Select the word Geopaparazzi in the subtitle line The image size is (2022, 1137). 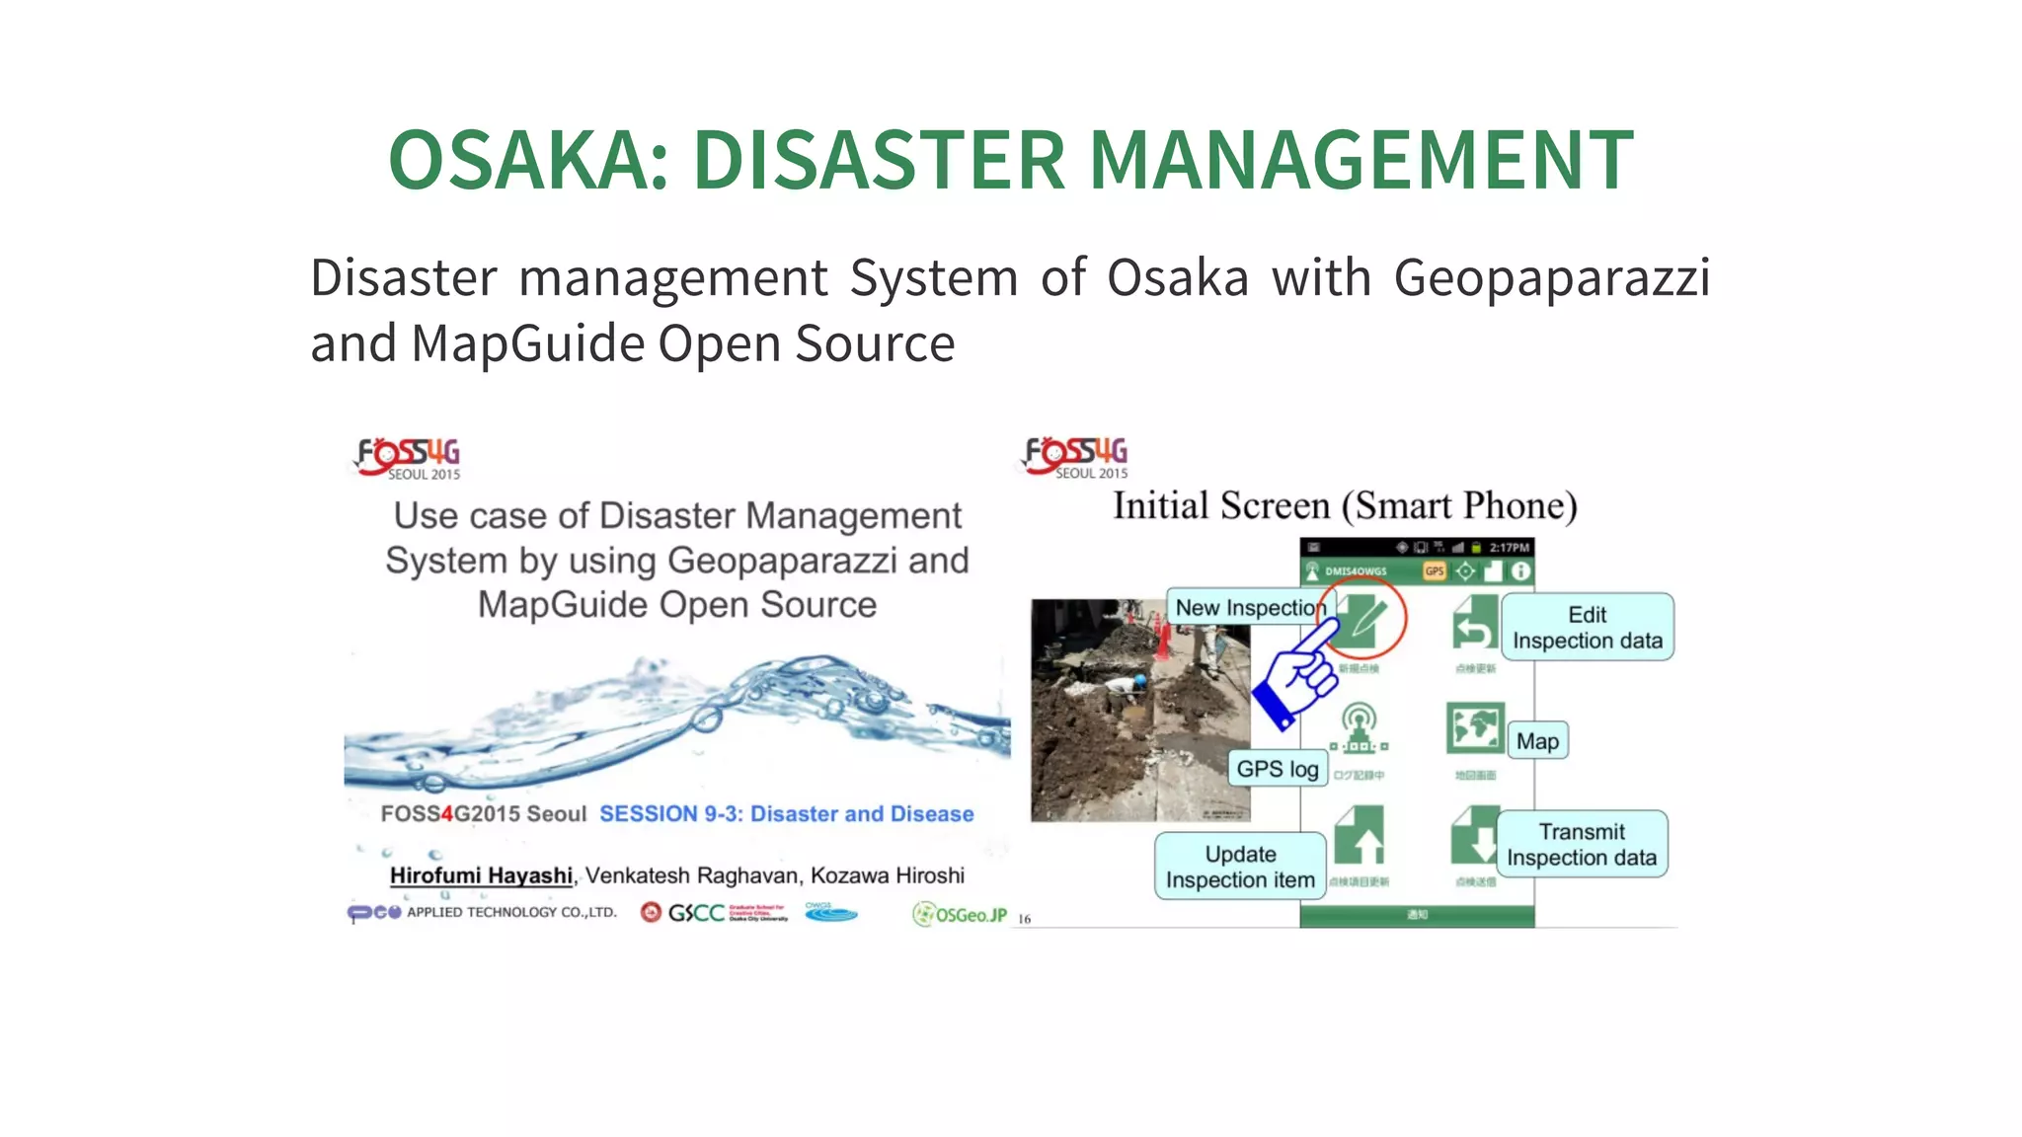(x=1551, y=277)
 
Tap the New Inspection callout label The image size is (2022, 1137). (x=1246, y=608)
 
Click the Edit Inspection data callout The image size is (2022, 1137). (x=1587, y=628)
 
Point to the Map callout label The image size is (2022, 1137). (x=1537, y=741)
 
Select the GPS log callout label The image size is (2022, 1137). (x=1277, y=769)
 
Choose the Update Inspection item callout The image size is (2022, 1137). (x=1240, y=867)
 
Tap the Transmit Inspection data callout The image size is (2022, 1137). (x=1581, y=845)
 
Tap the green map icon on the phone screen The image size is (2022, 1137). (x=1475, y=728)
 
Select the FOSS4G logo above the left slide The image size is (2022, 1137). (x=408, y=458)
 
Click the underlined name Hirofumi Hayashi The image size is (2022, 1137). (x=481, y=875)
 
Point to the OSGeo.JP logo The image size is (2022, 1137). (x=960, y=915)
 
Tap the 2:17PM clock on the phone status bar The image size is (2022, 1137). (x=1509, y=548)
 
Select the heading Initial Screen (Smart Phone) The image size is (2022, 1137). (x=1345, y=506)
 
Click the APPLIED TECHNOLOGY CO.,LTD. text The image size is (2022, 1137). (x=511, y=913)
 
